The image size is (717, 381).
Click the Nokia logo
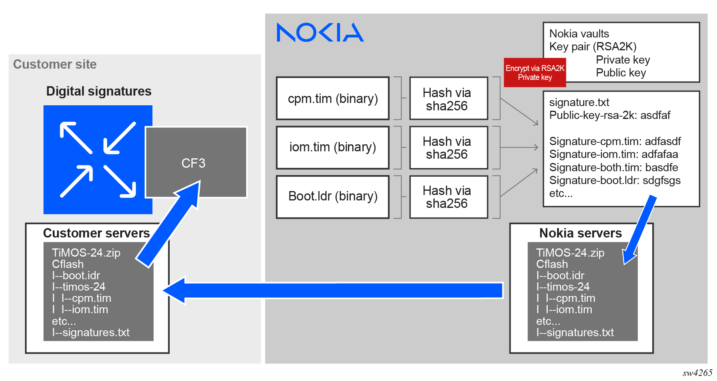320,32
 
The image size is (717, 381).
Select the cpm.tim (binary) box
332,98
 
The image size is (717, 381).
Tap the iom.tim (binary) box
332,147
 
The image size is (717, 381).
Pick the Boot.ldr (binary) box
332,196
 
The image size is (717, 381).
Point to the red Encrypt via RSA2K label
534,73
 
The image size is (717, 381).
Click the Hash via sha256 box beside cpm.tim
448,98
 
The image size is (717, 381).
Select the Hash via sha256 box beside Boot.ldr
448,197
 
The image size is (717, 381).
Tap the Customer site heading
55,64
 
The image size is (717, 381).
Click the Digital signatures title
99,91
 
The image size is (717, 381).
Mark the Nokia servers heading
580,233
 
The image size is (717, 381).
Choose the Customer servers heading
96,233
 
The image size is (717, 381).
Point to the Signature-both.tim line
613,168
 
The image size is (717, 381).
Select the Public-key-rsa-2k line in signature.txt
609,115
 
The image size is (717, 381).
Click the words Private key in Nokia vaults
623,60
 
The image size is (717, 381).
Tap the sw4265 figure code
697,373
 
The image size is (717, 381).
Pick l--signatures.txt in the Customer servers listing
91,333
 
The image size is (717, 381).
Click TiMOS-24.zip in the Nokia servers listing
570,253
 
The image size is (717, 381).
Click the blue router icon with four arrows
98,159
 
